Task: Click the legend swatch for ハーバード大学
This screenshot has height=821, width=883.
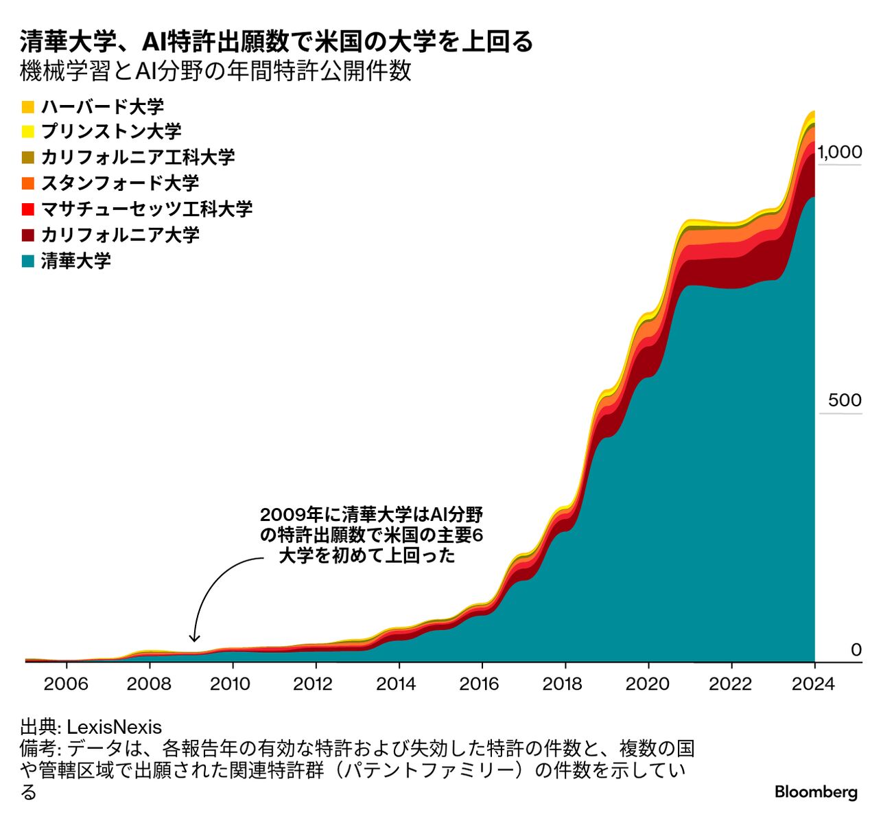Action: (x=28, y=106)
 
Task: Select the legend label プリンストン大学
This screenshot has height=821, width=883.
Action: (x=111, y=132)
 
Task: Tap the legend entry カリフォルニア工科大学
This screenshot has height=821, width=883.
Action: (x=137, y=157)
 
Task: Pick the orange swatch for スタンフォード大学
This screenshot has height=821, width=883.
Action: (x=28, y=183)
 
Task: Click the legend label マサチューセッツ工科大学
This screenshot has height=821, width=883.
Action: (x=147, y=209)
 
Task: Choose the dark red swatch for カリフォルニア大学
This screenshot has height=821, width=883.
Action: (x=28, y=235)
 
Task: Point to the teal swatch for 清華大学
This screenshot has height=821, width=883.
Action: (x=28, y=261)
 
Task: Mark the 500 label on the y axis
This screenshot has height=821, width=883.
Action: (x=845, y=400)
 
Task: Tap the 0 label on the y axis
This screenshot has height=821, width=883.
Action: (x=856, y=649)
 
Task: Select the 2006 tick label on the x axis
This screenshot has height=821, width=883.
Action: (x=67, y=684)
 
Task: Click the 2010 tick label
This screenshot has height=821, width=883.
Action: (x=233, y=684)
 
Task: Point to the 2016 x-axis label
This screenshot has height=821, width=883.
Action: (x=482, y=684)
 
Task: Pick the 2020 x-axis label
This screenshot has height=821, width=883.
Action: (x=648, y=684)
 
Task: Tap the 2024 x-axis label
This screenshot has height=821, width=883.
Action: (x=814, y=684)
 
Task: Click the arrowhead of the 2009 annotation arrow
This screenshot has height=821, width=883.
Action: (x=194, y=638)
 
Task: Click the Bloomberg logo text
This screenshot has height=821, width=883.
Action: (x=816, y=792)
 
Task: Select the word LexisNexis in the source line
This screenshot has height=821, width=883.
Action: (x=114, y=728)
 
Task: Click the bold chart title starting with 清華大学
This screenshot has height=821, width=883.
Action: (x=276, y=42)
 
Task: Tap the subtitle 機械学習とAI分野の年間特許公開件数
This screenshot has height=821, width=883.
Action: (x=216, y=71)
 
